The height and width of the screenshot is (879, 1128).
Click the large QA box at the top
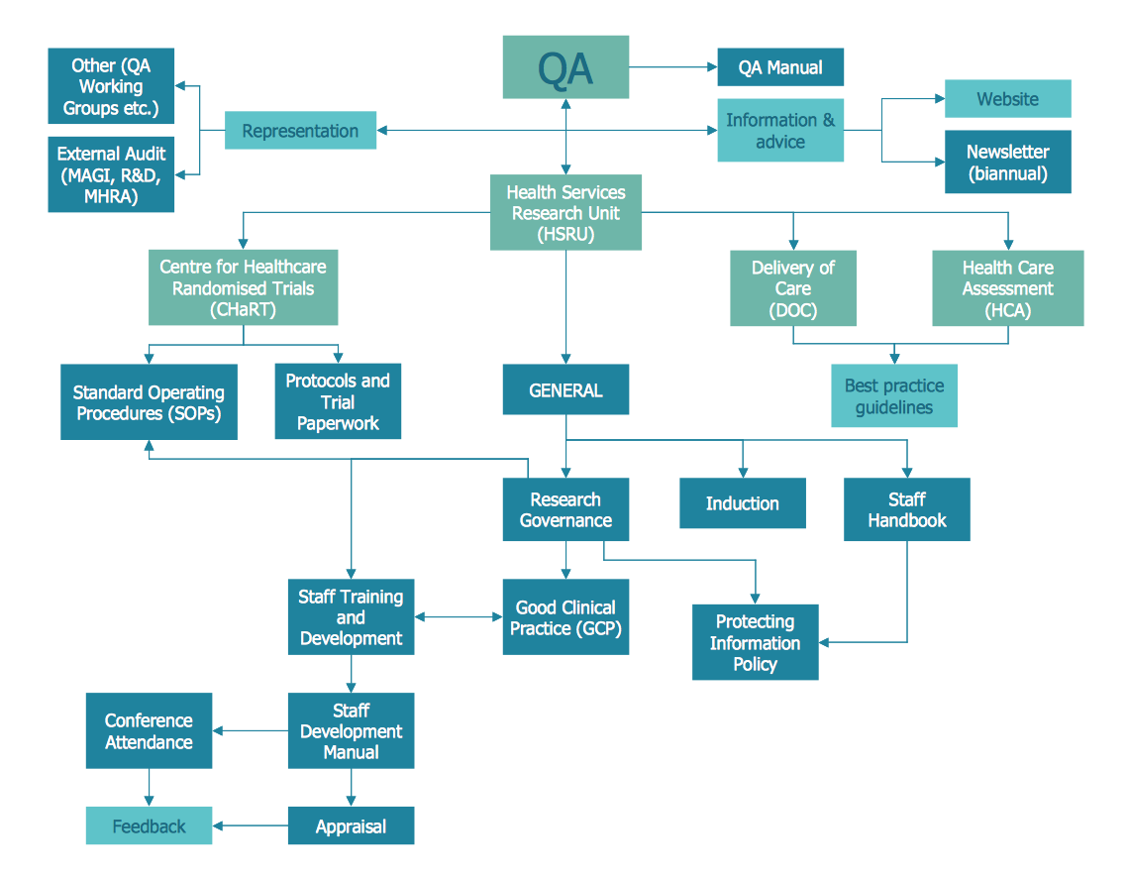565,67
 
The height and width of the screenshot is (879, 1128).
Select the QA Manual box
780,67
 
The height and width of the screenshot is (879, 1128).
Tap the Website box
1007,99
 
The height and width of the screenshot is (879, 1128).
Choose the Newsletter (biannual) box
1007,163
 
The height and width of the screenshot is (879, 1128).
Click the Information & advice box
780,131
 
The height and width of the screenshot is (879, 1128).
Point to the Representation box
300,131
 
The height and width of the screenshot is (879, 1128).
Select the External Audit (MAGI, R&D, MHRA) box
111,175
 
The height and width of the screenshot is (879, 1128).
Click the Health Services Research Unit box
565,213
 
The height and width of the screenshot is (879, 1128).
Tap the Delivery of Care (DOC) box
792,288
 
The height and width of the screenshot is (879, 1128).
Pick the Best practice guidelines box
893,396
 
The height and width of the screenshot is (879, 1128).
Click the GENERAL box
565,390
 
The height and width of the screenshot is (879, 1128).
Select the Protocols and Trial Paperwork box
338,401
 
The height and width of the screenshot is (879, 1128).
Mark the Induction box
742,503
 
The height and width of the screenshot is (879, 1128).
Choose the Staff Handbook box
906,509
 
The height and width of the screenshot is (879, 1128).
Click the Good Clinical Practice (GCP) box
565,617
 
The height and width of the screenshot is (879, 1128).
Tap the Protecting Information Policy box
755,642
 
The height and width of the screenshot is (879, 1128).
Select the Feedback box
149,825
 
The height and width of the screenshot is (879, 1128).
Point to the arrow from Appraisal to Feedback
251,825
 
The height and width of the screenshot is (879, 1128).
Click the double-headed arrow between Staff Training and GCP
459,617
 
